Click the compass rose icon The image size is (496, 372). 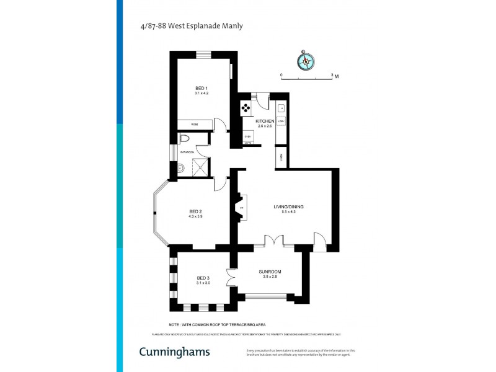306,61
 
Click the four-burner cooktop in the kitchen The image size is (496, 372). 246,108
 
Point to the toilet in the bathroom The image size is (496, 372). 184,138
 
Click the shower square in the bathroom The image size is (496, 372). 199,165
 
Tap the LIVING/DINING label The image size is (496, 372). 288,206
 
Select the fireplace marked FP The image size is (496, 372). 241,208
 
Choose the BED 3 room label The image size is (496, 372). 204,278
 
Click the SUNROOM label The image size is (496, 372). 270,272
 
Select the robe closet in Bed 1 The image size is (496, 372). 195,124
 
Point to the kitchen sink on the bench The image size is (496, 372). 281,107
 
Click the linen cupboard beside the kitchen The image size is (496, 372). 281,157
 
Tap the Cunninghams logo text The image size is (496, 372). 174,352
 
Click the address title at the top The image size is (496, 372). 191,26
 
